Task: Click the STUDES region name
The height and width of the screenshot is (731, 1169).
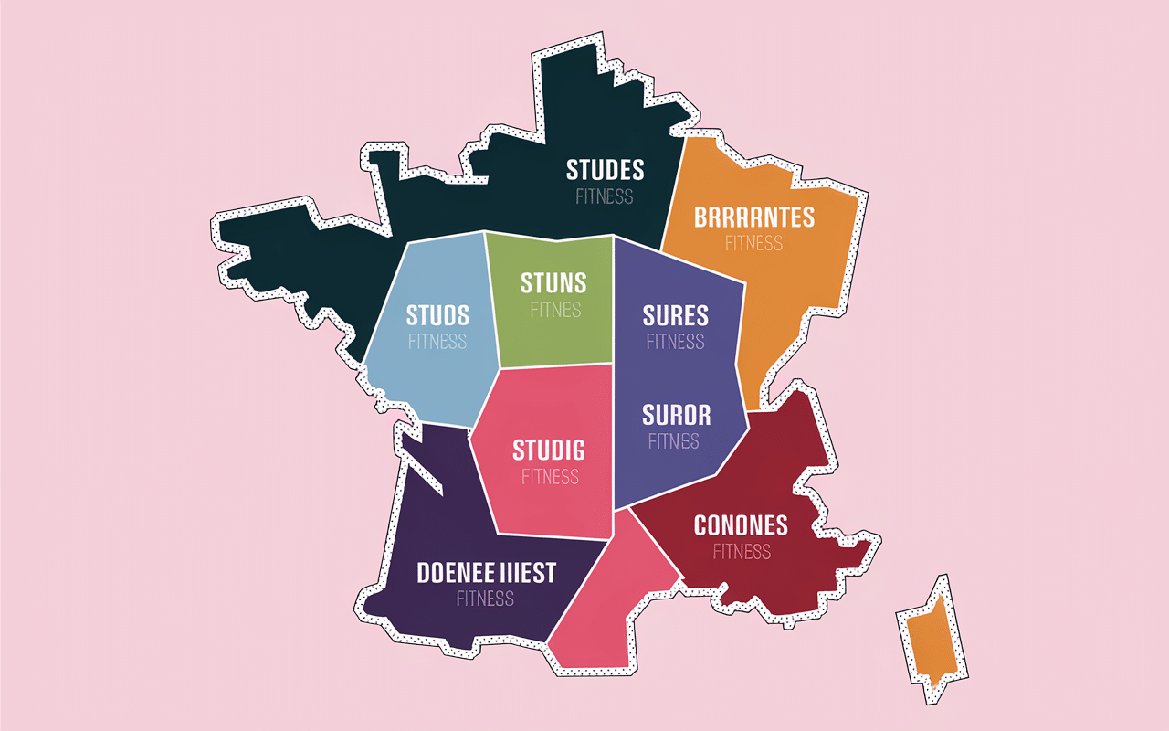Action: (605, 170)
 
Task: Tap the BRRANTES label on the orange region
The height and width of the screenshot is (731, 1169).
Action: (754, 217)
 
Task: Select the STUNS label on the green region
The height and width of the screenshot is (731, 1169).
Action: (553, 282)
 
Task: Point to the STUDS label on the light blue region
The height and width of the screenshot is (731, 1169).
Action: (437, 316)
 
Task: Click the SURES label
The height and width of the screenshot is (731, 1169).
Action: (676, 316)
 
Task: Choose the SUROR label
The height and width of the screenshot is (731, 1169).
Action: (676, 415)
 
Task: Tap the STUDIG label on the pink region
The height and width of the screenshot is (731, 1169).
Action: (549, 450)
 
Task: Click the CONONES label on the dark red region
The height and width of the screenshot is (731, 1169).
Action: (741, 525)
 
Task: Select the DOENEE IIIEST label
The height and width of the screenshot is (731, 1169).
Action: (486, 573)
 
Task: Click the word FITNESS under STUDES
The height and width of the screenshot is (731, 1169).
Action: (605, 196)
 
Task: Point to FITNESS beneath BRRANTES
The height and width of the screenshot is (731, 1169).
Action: (754, 244)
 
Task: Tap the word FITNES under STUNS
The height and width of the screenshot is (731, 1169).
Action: (555, 310)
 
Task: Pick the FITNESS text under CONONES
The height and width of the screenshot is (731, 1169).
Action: (742, 552)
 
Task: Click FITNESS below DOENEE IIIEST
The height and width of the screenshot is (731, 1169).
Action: (485, 599)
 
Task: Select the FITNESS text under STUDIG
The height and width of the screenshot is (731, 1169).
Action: (551, 477)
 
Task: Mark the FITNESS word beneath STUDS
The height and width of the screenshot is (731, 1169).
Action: (437, 342)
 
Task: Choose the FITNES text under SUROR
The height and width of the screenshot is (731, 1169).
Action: (674, 441)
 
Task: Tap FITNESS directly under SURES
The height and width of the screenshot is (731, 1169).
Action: (676, 342)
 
